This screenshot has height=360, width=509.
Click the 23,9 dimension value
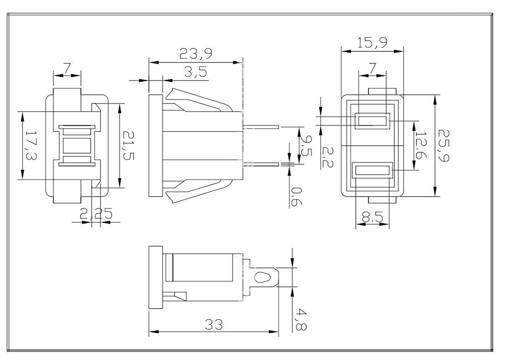point(196,54)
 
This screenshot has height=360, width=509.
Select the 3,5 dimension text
point(195,72)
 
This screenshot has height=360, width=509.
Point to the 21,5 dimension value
point(129,145)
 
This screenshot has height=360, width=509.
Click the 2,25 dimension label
point(96,214)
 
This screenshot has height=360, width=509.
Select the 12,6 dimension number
point(421,144)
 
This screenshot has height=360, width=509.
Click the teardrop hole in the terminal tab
point(262,279)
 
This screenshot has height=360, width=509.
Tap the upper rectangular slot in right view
point(372,121)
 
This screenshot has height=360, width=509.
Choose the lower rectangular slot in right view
point(372,171)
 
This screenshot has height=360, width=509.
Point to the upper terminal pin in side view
point(261,125)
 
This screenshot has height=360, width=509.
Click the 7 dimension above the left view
point(68,68)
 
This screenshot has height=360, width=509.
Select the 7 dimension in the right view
point(372,68)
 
